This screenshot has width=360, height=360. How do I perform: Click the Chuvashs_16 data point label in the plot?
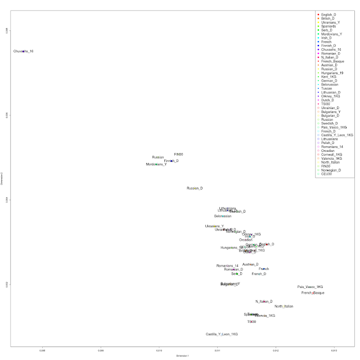[24, 51]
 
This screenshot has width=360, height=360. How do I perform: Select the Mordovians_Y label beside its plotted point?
[156, 164]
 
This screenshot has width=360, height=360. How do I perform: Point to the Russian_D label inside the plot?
[195, 188]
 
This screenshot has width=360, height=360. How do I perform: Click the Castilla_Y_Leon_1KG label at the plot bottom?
[222, 334]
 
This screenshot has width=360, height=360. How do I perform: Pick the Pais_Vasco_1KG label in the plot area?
[310, 287]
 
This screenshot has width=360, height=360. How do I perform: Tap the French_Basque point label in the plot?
[313, 293]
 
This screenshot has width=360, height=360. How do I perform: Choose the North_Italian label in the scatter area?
[284, 307]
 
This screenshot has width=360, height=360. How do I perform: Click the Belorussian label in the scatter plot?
[223, 216]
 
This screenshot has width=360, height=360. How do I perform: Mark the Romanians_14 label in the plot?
[227, 265]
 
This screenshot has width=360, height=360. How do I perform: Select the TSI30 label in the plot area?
[251, 322]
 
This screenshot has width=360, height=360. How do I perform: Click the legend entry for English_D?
[328, 14]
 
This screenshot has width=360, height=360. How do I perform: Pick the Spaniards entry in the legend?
[328, 26]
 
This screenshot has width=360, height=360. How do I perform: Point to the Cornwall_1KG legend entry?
[332, 154]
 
